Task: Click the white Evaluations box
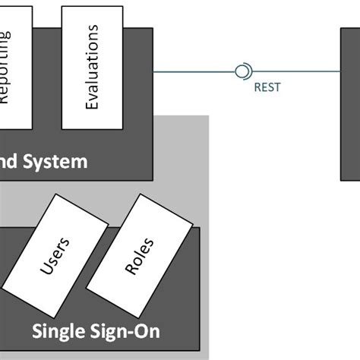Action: pyautogui.click(x=91, y=67)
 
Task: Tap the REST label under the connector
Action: pyautogui.click(x=267, y=87)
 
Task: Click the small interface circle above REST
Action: pyautogui.click(x=242, y=72)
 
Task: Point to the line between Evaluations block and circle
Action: pyautogui.click(x=194, y=72)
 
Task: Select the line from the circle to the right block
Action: pyautogui.click(x=296, y=72)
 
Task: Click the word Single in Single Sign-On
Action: pyautogui.click(x=57, y=332)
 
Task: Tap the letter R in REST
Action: pyautogui.click(x=256, y=87)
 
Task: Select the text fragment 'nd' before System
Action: pyautogui.click(x=12, y=162)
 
